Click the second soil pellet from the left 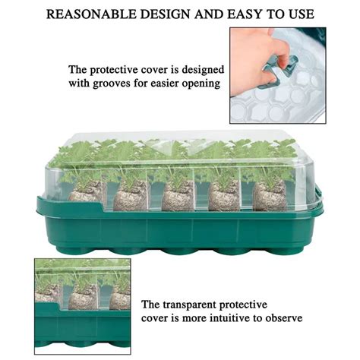[132, 195]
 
